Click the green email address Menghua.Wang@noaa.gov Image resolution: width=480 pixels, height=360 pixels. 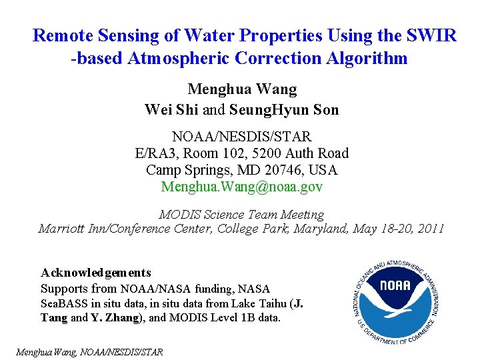pyautogui.click(x=242, y=187)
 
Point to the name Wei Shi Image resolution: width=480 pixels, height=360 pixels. pyautogui.click(x=171, y=109)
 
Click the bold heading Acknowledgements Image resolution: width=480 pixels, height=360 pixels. pyautogui.click(x=96, y=273)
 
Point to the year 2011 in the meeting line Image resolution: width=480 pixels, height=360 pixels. pyautogui.click(x=431, y=229)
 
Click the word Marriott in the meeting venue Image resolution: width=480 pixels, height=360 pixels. pyautogui.click(x=63, y=229)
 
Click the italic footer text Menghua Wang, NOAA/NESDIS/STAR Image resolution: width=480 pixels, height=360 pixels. pyautogui.click(x=89, y=351)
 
